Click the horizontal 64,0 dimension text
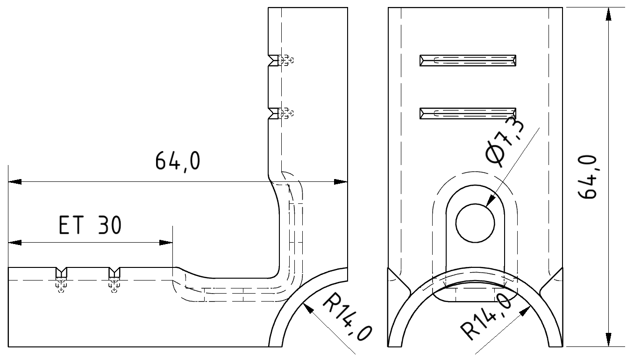pos(178,161)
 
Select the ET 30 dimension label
pos(90,225)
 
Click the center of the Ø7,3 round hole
pos(475,223)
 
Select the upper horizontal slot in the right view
pos(468,60)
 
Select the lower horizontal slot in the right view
pos(468,113)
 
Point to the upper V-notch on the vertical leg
pos(272,60)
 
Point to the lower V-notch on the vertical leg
pos(272,113)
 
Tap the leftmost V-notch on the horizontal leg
pos(61,271)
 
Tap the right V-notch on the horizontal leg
pos(114,271)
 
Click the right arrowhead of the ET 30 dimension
pos(166,243)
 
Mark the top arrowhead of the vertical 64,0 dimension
pos(608,14)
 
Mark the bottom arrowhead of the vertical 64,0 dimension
pos(608,340)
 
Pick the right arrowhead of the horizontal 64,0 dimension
pos(341,181)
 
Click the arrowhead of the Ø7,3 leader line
pos(489,202)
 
